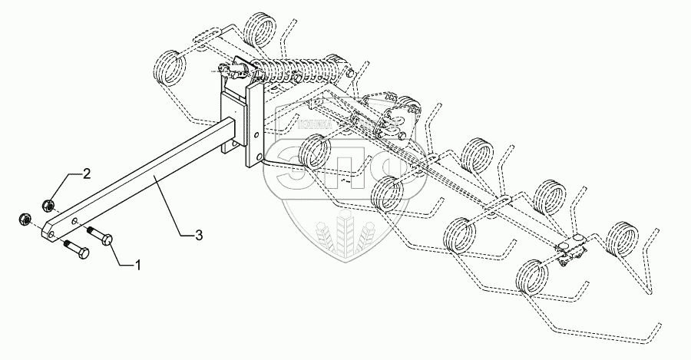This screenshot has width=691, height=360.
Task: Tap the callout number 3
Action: (199, 236)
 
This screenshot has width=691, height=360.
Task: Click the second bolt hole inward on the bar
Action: (74, 219)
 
